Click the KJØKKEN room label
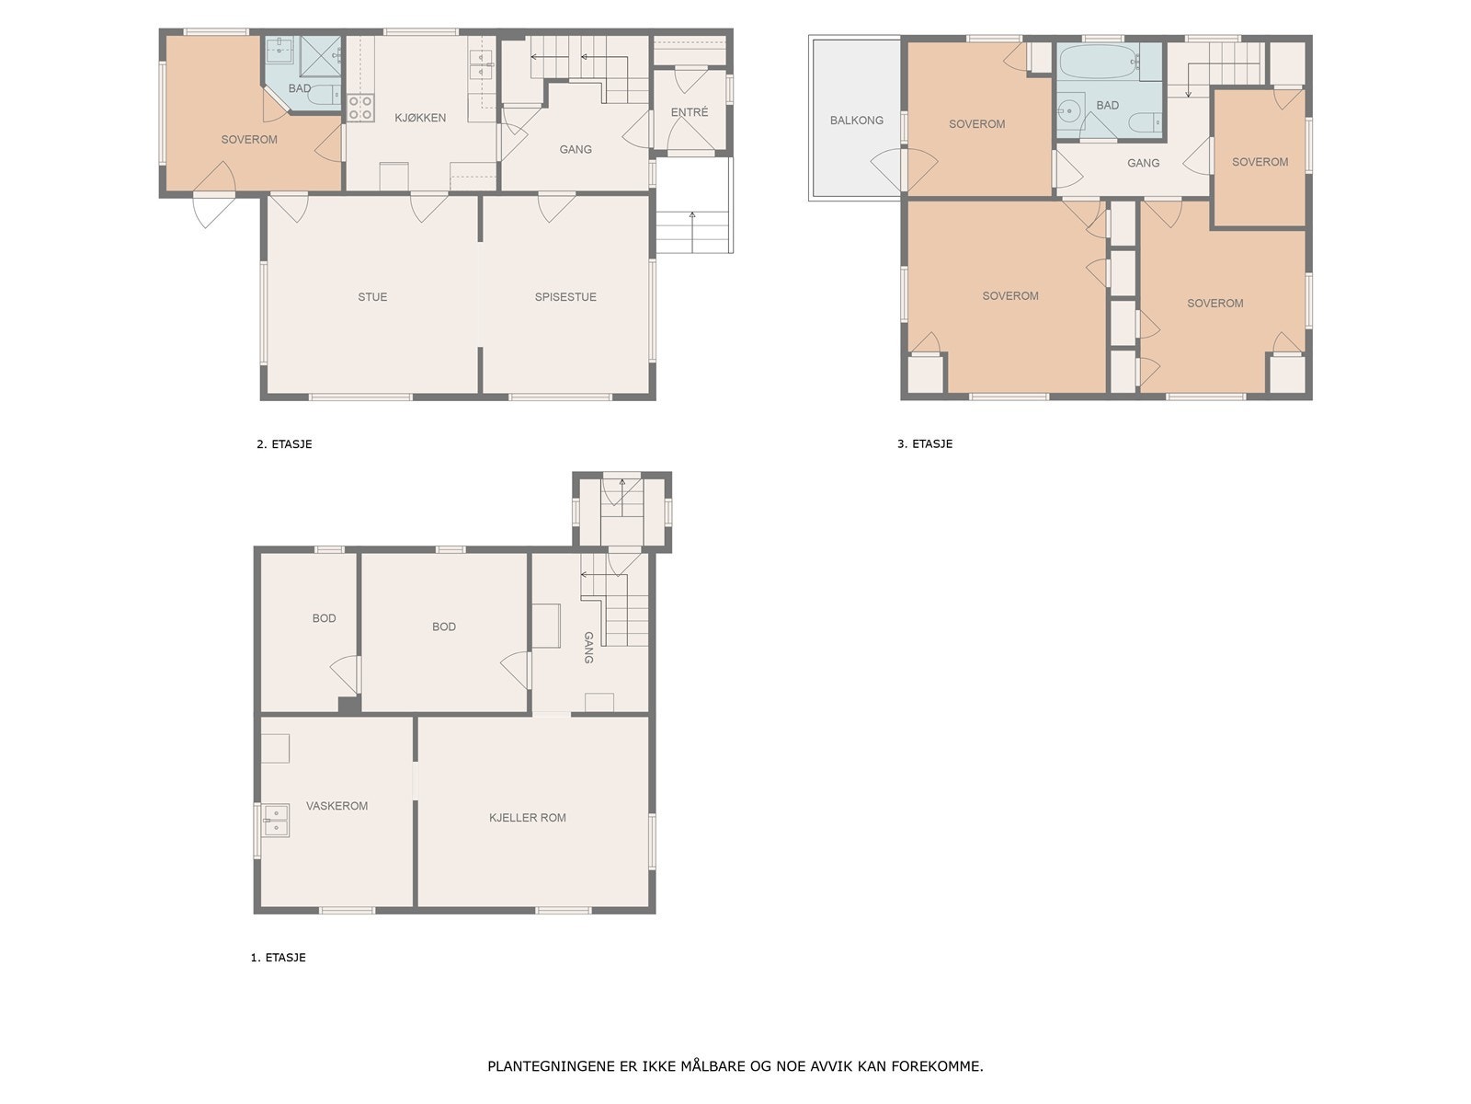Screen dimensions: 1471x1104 pyautogui.click(x=419, y=118)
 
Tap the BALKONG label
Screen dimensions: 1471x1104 pyautogui.click(x=856, y=121)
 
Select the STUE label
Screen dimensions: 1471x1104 pyautogui.click(x=372, y=297)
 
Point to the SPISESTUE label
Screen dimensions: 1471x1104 pyautogui.click(x=564, y=297)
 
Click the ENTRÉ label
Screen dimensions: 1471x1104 pyautogui.click(x=689, y=112)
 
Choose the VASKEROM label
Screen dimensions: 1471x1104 pyautogui.click(x=336, y=806)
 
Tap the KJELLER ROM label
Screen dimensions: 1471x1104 pyautogui.click(x=527, y=817)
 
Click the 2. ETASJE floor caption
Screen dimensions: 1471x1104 pyautogui.click(x=284, y=443)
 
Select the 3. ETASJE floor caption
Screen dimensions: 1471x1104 pyautogui.click(x=924, y=443)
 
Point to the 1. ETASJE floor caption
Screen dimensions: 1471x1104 pyautogui.click(x=279, y=957)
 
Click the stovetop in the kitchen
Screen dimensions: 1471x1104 pyautogui.click(x=359, y=108)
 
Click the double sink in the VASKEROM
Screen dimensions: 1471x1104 pyautogui.click(x=275, y=820)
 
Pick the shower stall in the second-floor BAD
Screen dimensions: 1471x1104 pyautogui.click(x=320, y=56)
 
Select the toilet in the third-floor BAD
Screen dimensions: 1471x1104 pyautogui.click(x=1144, y=123)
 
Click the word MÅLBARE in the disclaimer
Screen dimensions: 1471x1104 pyautogui.click(x=712, y=1065)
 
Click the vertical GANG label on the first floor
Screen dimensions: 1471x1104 pyautogui.click(x=588, y=648)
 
